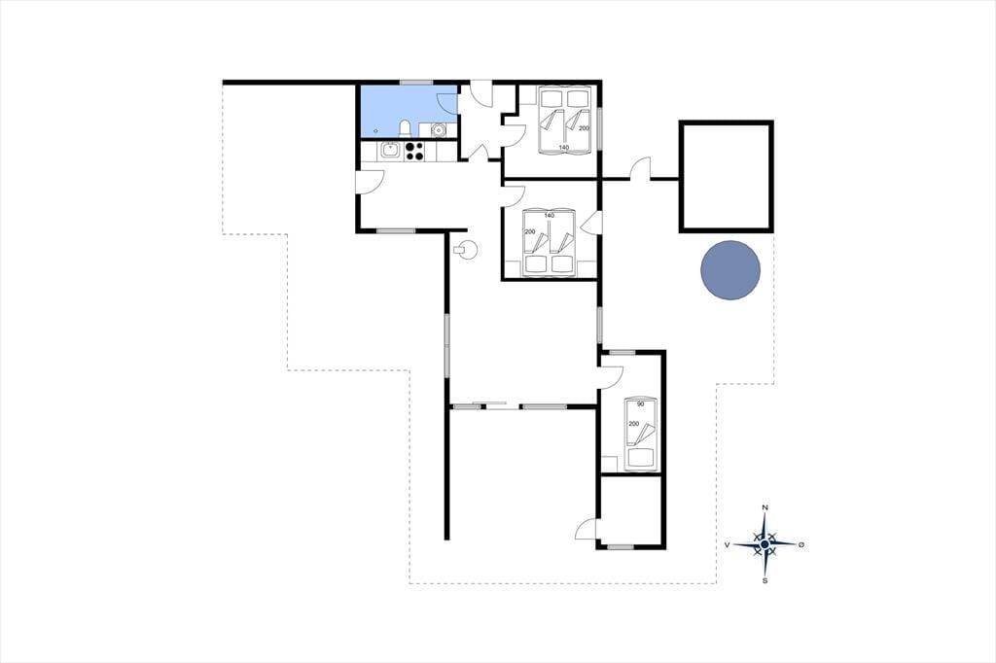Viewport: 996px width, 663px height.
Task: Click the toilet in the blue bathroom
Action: [405, 129]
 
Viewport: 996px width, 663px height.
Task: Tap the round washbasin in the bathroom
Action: [438, 130]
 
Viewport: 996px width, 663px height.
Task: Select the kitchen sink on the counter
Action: [390, 151]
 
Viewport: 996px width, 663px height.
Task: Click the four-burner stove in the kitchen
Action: [414, 151]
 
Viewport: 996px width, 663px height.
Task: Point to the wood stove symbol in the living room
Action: [468, 250]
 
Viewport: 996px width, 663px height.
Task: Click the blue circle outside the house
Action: [730, 270]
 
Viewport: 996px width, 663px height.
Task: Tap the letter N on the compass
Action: [765, 506]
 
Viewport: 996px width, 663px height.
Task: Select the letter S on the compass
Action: [765, 580]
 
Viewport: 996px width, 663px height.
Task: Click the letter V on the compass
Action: [728, 544]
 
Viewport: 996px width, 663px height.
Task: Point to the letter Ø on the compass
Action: [801, 544]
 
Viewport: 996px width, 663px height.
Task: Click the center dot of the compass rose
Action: [765, 544]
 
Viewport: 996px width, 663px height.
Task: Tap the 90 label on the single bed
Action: [640, 403]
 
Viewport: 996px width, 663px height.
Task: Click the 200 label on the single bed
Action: [633, 424]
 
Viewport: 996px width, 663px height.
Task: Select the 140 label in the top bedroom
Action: [563, 148]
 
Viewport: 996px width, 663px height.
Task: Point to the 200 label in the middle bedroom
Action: [530, 231]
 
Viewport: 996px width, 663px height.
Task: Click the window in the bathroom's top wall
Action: [416, 82]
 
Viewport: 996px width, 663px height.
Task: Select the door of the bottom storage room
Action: [587, 529]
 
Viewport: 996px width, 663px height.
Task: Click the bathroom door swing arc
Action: [446, 103]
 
